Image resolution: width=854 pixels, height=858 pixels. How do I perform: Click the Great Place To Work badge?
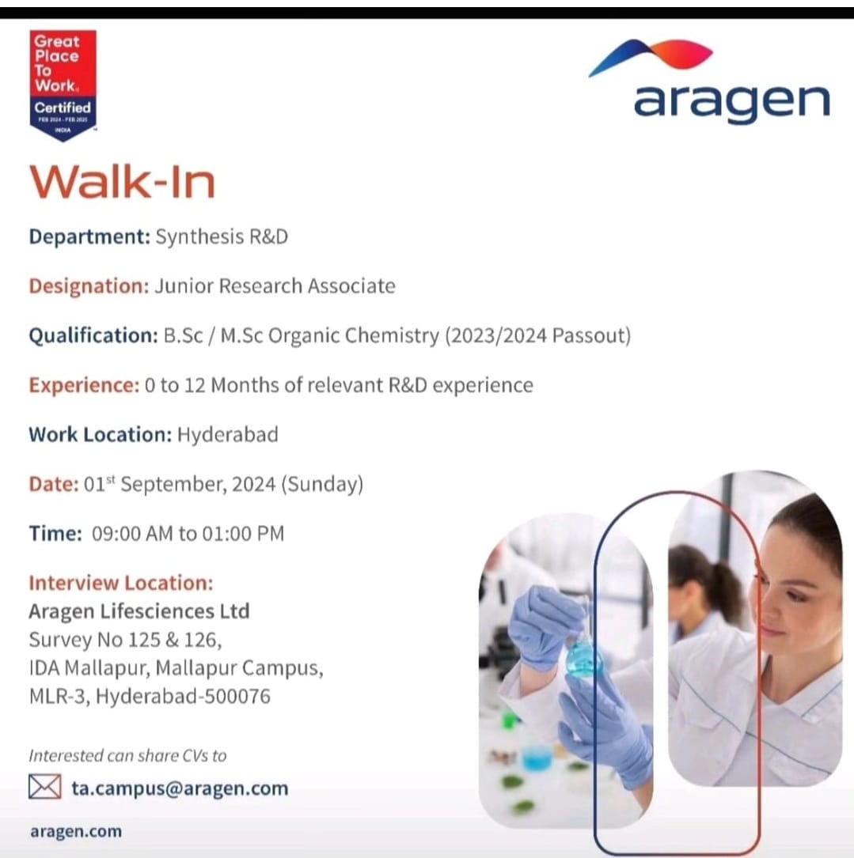(63, 85)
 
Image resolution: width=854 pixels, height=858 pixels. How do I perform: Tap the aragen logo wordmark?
(731, 103)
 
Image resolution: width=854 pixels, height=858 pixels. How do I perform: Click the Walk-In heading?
(122, 182)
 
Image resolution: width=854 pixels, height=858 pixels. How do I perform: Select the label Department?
(89, 237)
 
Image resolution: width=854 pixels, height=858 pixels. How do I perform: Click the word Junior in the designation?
(179, 286)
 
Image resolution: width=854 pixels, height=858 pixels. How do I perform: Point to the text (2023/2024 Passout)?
(537, 335)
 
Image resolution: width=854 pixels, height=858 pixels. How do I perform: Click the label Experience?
(84, 385)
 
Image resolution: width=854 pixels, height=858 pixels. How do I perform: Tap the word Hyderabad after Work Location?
(228, 434)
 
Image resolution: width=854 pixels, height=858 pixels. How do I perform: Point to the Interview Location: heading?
(121, 584)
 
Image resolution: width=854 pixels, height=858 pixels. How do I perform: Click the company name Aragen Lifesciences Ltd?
(139, 611)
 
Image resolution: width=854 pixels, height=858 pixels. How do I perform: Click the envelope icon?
(45, 787)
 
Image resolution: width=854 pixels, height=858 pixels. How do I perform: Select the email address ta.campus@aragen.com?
(180, 788)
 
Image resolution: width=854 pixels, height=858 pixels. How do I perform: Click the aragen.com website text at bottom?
(76, 831)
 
